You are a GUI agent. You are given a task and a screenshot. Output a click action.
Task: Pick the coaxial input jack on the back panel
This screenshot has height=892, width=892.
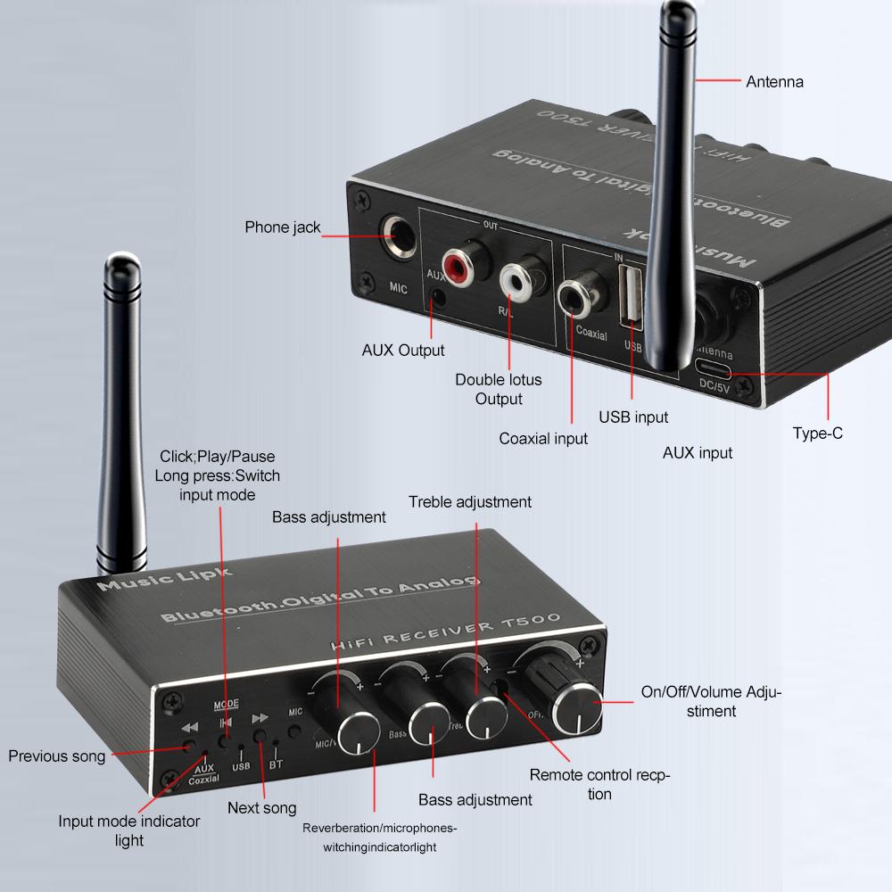tap(573, 296)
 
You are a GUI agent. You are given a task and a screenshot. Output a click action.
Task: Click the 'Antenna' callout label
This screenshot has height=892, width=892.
tap(774, 82)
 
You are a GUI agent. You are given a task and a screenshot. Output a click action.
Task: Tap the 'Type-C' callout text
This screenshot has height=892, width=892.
tap(817, 434)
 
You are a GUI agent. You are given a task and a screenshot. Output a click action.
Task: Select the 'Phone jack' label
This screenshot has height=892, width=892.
tap(283, 227)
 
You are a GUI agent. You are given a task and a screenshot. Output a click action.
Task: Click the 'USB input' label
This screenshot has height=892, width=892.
tap(632, 417)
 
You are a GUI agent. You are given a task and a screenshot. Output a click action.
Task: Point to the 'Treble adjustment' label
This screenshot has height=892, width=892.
tap(470, 502)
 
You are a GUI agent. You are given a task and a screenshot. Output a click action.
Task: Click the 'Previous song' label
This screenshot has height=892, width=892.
tap(57, 756)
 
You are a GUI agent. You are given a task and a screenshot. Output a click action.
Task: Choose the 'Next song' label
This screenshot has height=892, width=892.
tap(261, 808)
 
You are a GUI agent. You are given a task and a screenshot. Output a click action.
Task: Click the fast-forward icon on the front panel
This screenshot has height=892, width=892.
tap(260, 717)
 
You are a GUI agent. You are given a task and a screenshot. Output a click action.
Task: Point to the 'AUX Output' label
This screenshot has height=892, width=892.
tap(403, 351)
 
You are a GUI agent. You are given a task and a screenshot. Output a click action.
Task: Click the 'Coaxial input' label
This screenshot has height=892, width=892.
tap(543, 438)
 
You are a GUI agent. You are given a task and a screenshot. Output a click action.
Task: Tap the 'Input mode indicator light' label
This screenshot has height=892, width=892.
tap(129, 830)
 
